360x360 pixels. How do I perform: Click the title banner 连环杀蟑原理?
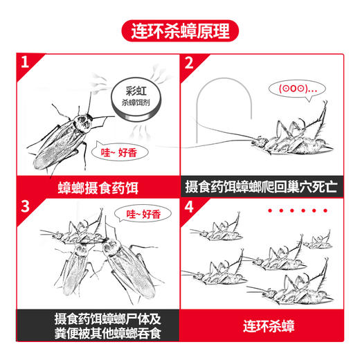click(179, 31)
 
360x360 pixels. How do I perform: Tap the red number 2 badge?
click(189, 64)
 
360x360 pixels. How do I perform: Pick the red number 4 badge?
click(189, 207)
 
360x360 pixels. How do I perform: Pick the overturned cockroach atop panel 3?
click(76, 232)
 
